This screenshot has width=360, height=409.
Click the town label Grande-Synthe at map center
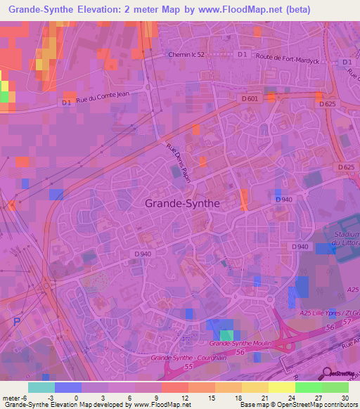(182, 202)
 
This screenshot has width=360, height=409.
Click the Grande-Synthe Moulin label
(240, 344)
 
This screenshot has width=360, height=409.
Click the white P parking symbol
(17, 322)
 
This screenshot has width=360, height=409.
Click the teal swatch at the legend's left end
(41, 387)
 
